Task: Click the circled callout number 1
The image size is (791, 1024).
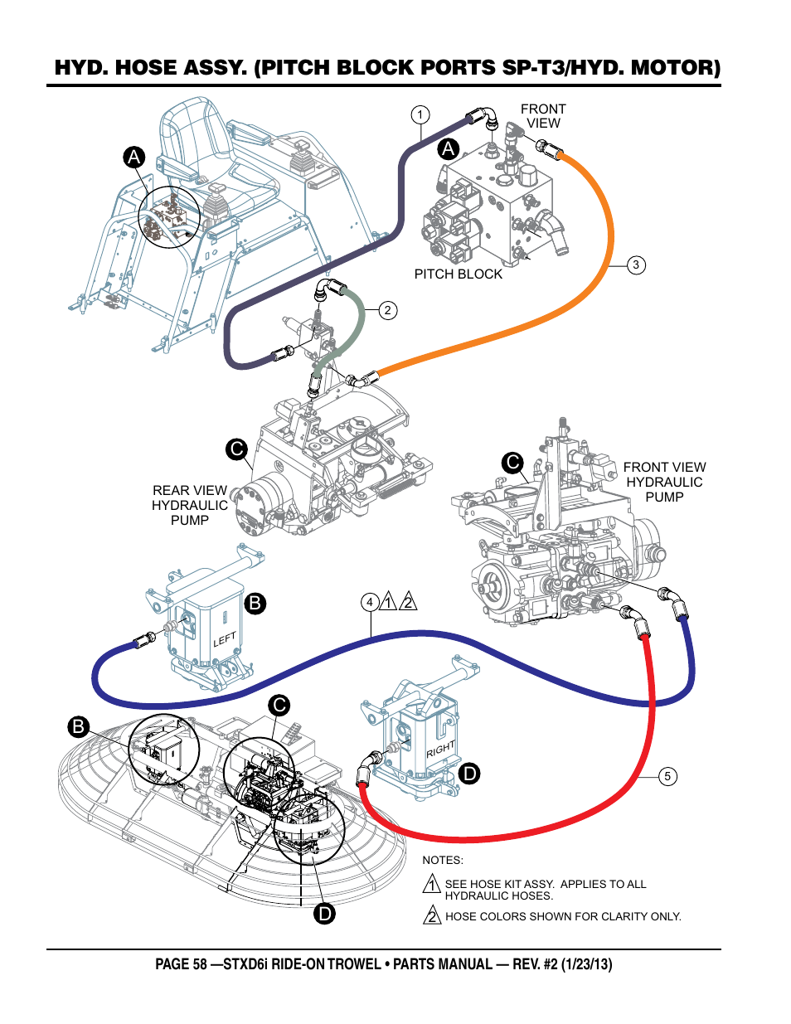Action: click(420, 115)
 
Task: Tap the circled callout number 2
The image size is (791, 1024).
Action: click(387, 311)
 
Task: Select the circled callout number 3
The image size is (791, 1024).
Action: click(636, 265)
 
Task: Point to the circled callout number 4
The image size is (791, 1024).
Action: click(370, 603)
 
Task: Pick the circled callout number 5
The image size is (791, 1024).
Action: click(667, 777)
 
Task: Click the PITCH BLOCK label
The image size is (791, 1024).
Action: click(458, 274)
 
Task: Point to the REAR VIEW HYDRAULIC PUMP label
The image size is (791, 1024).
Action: click(190, 505)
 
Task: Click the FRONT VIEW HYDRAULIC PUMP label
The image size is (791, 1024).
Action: click(664, 482)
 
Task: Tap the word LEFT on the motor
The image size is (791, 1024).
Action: click(225, 639)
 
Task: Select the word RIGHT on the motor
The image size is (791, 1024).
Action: click(440, 749)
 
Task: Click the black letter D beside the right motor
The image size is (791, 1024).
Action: click(469, 774)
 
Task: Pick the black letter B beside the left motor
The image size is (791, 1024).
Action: click(255, 603)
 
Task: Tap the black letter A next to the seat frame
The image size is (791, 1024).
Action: click(134, 158)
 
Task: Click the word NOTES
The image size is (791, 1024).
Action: click(443, 861)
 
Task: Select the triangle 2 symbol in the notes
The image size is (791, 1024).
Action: click(432, 916)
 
